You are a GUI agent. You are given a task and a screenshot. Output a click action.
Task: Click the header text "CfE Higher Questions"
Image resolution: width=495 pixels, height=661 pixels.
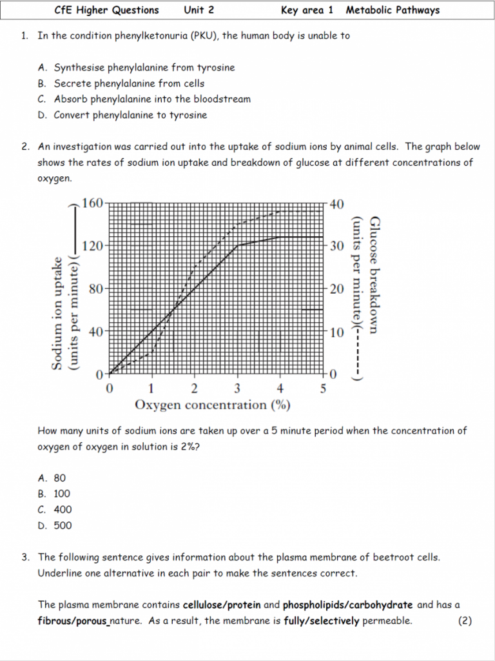click(x=107, y=10)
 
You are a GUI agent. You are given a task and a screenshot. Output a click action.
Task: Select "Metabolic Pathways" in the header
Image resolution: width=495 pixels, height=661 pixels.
click(x=393, y=10)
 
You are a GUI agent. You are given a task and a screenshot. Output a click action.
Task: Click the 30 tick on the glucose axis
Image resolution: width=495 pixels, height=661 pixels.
click(x=338, y=246)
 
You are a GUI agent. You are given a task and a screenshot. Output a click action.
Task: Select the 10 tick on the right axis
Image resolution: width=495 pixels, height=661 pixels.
click(x=338, y=332)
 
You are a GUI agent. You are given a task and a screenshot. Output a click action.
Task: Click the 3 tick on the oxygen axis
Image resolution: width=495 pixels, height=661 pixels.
click(x=237, y=389)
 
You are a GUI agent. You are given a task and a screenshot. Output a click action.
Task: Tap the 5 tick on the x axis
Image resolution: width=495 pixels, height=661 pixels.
click(x=323, y=389)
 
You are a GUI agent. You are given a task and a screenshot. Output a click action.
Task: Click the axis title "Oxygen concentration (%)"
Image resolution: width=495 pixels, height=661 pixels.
click(x=212, y=405)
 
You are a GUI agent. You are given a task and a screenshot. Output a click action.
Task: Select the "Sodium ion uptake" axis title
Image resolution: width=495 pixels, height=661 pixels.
click(x=58, y=313)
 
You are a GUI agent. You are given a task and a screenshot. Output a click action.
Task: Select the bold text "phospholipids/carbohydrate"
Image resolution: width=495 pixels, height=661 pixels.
click(x=347, y=605)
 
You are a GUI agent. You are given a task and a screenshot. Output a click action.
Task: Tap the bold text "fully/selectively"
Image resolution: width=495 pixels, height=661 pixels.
click(x=322, y=621)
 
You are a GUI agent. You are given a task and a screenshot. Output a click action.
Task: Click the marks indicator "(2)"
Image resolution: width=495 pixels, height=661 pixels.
click(x=465, y=621)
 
